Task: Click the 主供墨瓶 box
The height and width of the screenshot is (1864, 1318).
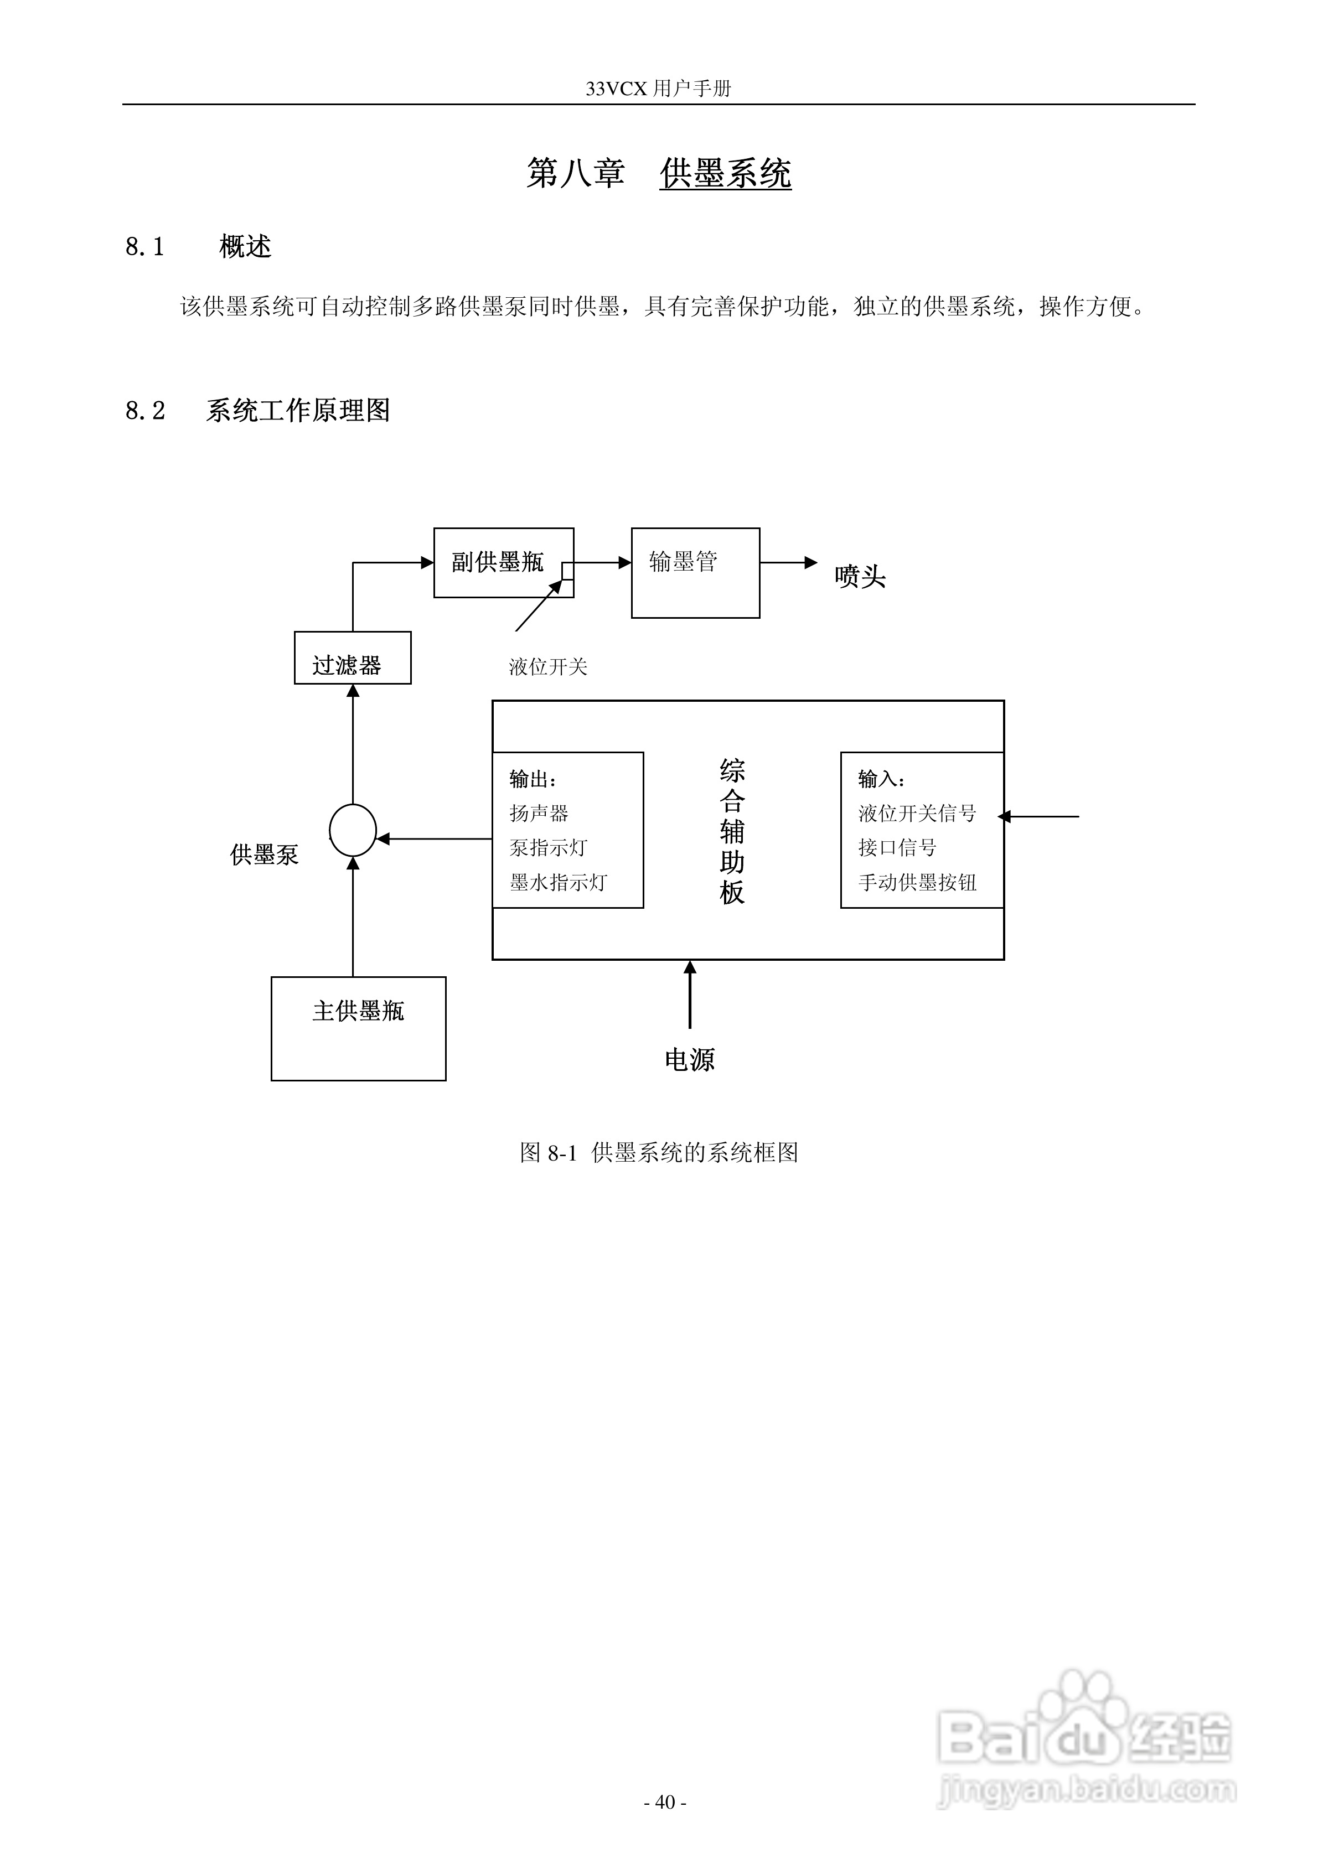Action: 358,1028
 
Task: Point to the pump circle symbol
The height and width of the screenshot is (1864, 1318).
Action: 353,830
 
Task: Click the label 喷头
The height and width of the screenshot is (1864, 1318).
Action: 859,577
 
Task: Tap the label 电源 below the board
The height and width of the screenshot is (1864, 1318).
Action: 690,1059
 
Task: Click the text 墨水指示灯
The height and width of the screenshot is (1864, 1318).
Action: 558,883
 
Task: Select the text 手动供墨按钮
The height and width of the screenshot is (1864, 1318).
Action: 917,883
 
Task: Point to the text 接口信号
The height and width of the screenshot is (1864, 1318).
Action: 897,847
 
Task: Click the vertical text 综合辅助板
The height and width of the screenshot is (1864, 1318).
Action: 732,831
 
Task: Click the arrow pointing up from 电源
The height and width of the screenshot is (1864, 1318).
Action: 690,995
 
